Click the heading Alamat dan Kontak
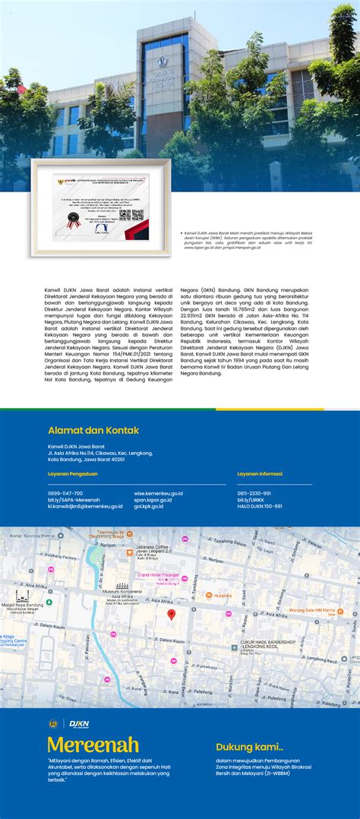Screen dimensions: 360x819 click(x=93, y=431)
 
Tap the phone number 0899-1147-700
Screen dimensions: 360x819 click(x=65, y=493)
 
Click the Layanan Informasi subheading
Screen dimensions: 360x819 click(x=260, y=473)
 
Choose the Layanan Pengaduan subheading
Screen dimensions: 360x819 click(x=73, y=473)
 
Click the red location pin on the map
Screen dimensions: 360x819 click(x=172, y=614)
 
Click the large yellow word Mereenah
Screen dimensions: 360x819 click(x=93, y=745)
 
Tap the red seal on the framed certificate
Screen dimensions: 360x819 click(x=74, y=220)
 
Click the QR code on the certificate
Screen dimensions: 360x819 click(x=137, y=215)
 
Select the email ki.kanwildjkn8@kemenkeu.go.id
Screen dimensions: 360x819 click(x=85, y=506)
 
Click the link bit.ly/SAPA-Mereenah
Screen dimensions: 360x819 click(x=74, y=500)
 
